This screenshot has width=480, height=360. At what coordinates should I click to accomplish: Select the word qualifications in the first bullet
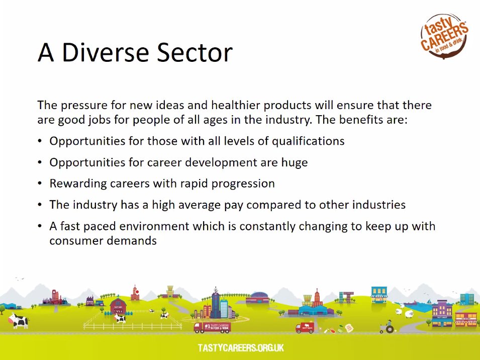coord(308,141)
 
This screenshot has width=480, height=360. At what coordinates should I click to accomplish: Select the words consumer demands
coord(103,241)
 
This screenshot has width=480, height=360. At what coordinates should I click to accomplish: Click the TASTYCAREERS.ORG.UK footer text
coord(241,347)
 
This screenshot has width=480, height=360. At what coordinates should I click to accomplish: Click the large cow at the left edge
coord(20,320)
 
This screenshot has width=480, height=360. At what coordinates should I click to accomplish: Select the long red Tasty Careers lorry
coord(212,327)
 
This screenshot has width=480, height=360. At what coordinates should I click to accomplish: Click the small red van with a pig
coord(304,328)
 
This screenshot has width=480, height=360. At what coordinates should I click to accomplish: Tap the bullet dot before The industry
coord(40,205)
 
